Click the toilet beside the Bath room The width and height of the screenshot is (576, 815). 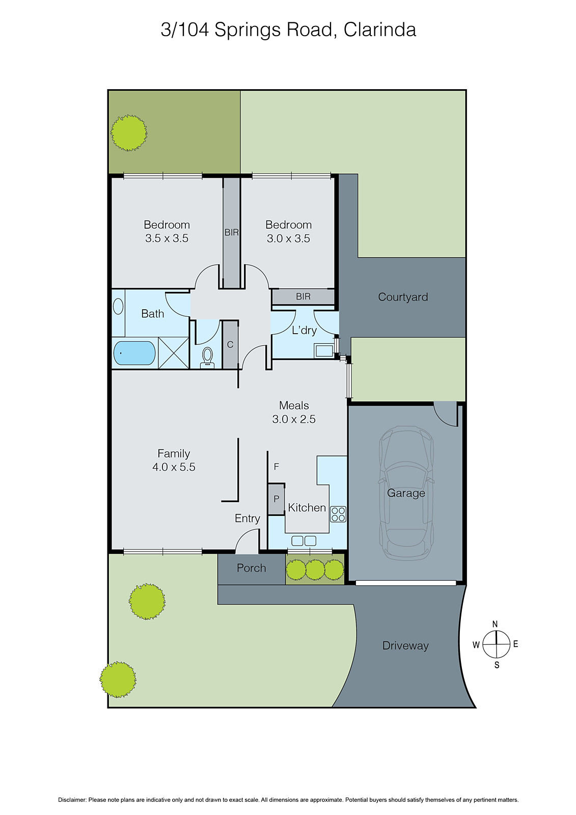(207, 357)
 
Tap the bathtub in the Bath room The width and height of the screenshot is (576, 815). (134, 353)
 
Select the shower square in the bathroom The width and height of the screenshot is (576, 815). (174, 352)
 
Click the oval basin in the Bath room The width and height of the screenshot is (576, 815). (118, 307)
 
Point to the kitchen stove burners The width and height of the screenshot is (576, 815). (338, 514)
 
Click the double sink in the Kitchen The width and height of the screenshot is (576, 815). (304, 540)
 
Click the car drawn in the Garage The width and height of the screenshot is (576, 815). (406, 493)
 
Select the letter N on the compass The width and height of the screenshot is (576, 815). (495, 624)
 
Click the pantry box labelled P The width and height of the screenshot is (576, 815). (277, 499)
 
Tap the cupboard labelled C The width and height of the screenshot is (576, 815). (230, 345)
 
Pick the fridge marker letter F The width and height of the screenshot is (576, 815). (277, 467)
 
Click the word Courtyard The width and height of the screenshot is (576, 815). (403, 297)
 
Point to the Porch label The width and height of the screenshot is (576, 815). (251, 568)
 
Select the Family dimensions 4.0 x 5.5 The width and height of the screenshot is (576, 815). (174, 467)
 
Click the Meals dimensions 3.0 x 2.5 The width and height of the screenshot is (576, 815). (294, 419)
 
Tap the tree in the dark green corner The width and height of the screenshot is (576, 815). (129, 133)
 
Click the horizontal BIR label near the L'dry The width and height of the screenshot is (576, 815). (303, 296)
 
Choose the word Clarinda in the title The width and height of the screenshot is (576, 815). (379, 30)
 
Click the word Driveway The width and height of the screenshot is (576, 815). (405, 646)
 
